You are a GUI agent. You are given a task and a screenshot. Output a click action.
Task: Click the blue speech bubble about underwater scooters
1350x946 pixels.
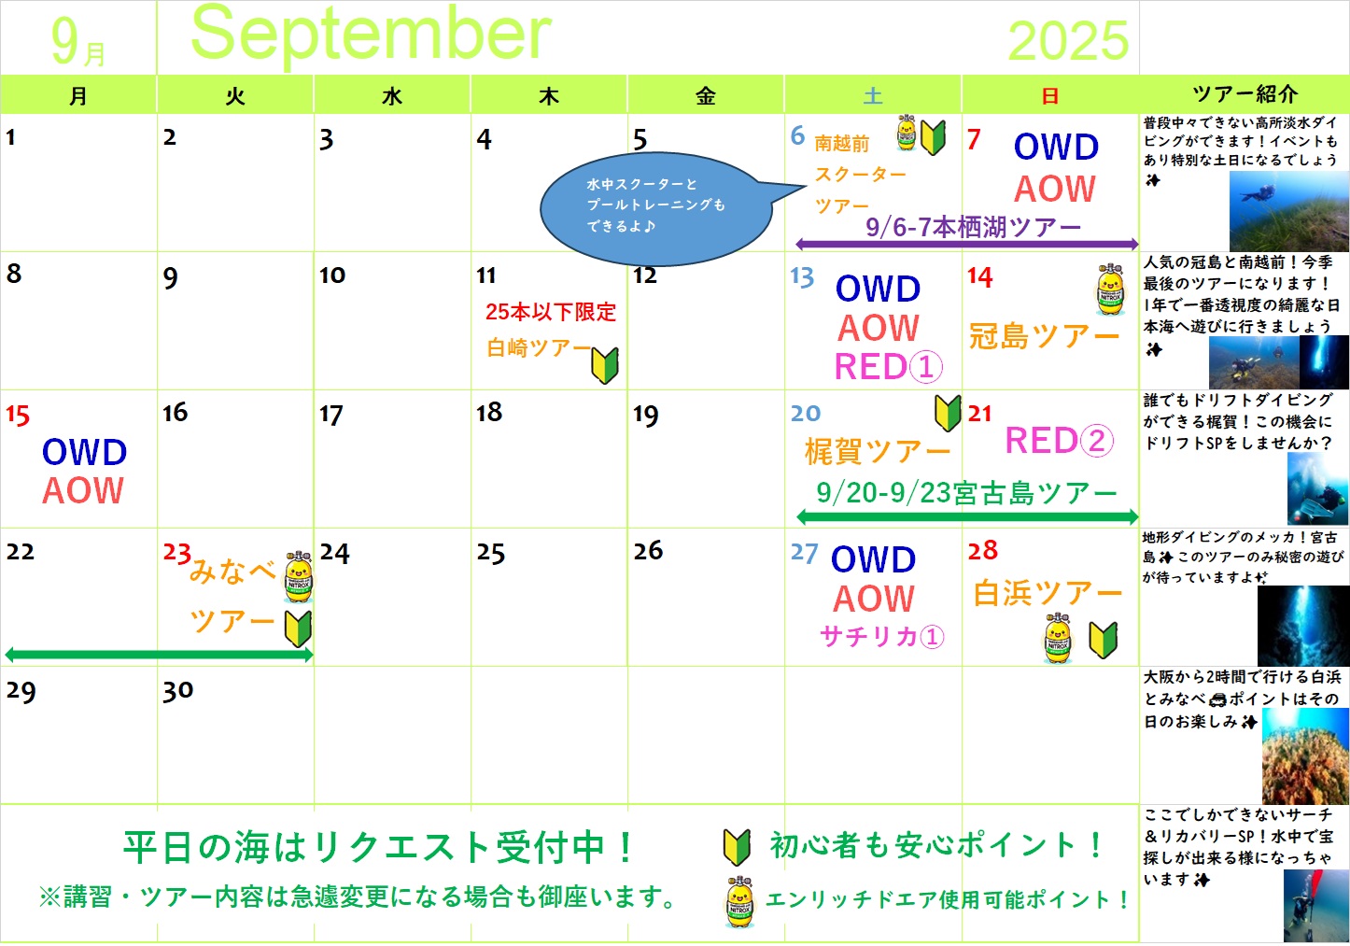[655, 208]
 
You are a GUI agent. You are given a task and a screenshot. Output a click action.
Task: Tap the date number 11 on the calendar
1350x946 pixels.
[485, 275]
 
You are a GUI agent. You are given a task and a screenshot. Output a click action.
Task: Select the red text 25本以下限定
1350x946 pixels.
[551, 312]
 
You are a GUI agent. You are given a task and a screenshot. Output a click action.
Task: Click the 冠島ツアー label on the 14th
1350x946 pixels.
[1044, 336]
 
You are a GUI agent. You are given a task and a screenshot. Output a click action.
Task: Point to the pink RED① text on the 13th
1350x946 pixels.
[889, 367]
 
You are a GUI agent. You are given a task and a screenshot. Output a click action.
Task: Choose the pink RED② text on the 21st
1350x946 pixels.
[1059, 440]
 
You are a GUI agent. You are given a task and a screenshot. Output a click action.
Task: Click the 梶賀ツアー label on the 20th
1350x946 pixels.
[878, 451]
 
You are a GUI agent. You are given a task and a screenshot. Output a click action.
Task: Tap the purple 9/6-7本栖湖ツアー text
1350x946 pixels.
[974, 227]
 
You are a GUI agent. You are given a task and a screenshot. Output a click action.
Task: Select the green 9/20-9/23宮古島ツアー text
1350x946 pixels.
[966, 493]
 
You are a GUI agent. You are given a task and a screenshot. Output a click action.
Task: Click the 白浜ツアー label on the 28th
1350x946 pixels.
[1048, 593]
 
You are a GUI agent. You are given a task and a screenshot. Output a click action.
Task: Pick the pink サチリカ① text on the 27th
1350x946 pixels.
[882, 636]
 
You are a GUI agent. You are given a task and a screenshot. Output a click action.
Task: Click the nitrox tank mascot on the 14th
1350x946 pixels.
[1110, 289]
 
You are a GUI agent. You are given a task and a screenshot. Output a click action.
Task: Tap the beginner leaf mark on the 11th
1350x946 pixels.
[605, 365]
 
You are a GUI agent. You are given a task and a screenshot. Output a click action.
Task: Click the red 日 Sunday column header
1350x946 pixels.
[1050, 96]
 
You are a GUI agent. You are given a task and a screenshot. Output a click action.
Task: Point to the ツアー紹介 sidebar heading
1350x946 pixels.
[1245, 94]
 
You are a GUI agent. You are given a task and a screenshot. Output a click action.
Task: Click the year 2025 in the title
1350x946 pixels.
[1068, 41]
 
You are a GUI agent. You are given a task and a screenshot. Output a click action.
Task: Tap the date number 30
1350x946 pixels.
[177, 691]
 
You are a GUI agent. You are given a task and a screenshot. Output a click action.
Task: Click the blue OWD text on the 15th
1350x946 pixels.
[84, 452]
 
